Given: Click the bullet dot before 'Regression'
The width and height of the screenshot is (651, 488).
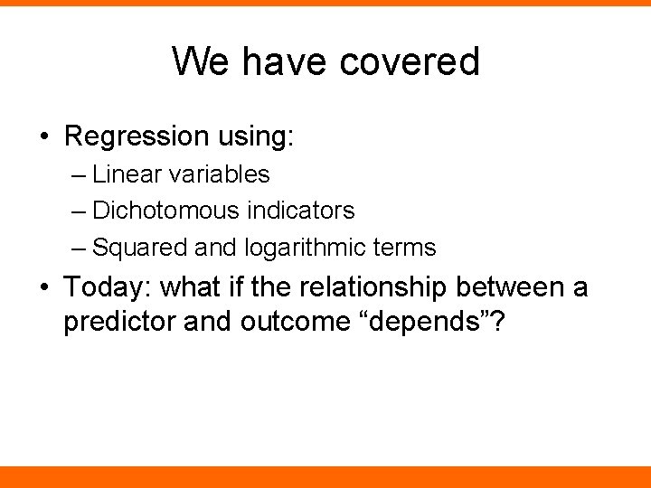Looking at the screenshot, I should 45,137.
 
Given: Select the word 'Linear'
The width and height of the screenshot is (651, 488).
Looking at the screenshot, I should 123,174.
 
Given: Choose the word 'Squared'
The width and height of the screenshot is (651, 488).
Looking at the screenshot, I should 128,247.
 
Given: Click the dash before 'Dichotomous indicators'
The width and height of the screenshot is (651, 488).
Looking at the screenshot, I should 78,211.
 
